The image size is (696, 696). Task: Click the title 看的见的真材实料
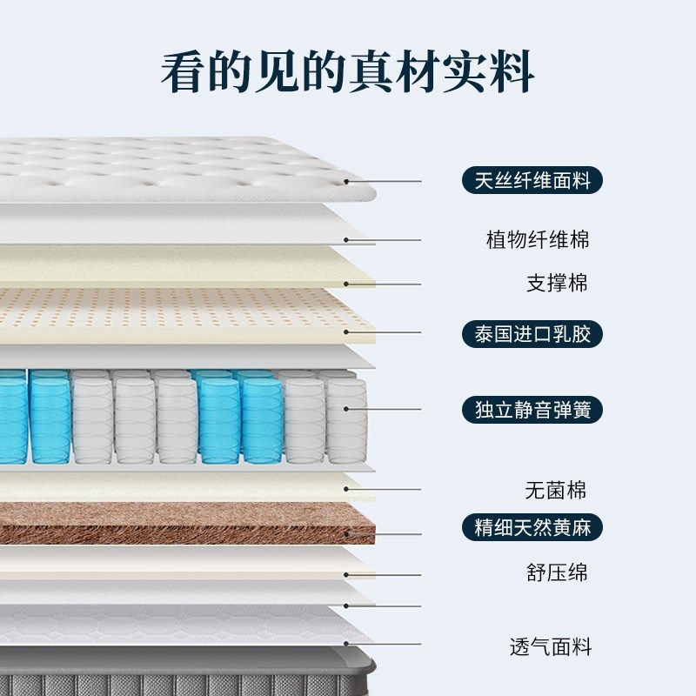(x=347, y=71)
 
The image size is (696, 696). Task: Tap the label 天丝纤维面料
(x=532, y=181)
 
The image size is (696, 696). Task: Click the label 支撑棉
(x=557, y=283)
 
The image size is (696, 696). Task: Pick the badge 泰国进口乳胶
(x=532, y=333)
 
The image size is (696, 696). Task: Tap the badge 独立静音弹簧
(x=532, y=409)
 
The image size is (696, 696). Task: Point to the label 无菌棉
(x=555, y=490)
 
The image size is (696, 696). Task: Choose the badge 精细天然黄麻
(x=532, y=527)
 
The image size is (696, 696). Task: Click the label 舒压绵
(x=557, y=572)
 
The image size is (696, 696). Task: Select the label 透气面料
(x=550, y=647)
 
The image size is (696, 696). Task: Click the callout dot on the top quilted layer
(x=347, y=182)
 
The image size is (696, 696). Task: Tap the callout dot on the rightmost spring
(x=347, y=409)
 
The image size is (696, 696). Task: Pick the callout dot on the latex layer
(x=347, y=332)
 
